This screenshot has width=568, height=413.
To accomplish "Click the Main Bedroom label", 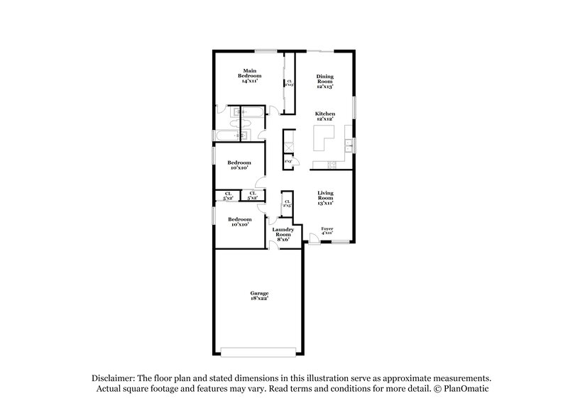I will click(x=249, y=76).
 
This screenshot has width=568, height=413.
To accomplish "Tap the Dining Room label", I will click(x=324, y=80).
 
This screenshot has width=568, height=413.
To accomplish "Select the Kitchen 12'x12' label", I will click(x=324, y=116).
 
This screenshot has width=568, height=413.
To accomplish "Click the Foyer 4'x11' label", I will click(x=327, y=231).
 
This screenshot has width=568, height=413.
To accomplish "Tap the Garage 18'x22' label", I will click(x=259, y=295).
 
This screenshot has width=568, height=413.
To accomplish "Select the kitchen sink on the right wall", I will click(x=349, y=146).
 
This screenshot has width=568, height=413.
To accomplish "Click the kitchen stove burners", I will click(x=330, y=165).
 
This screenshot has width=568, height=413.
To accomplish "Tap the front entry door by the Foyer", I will click(x=313, y=238).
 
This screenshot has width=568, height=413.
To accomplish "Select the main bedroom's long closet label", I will click(x=289, y=83).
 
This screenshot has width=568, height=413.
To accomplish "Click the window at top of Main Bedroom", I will click(x=266, y=50).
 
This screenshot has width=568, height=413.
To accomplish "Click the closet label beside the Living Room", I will click(x=287, y=204).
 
